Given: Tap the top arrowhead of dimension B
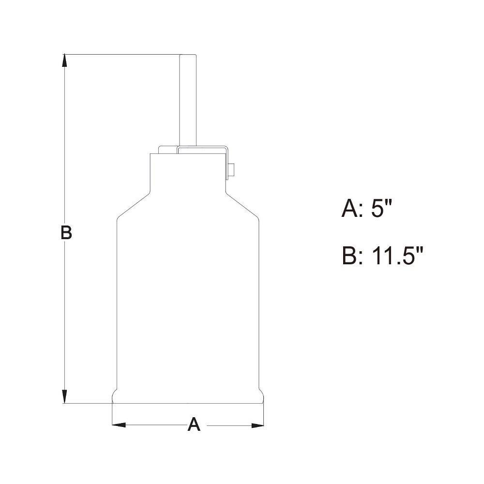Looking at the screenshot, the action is (64, 60).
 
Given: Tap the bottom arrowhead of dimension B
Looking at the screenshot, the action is (64, 397).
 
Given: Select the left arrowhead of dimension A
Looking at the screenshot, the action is (119, 425).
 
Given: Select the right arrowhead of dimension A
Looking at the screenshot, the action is (257, 425).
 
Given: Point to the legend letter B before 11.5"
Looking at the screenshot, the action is (349, 256).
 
